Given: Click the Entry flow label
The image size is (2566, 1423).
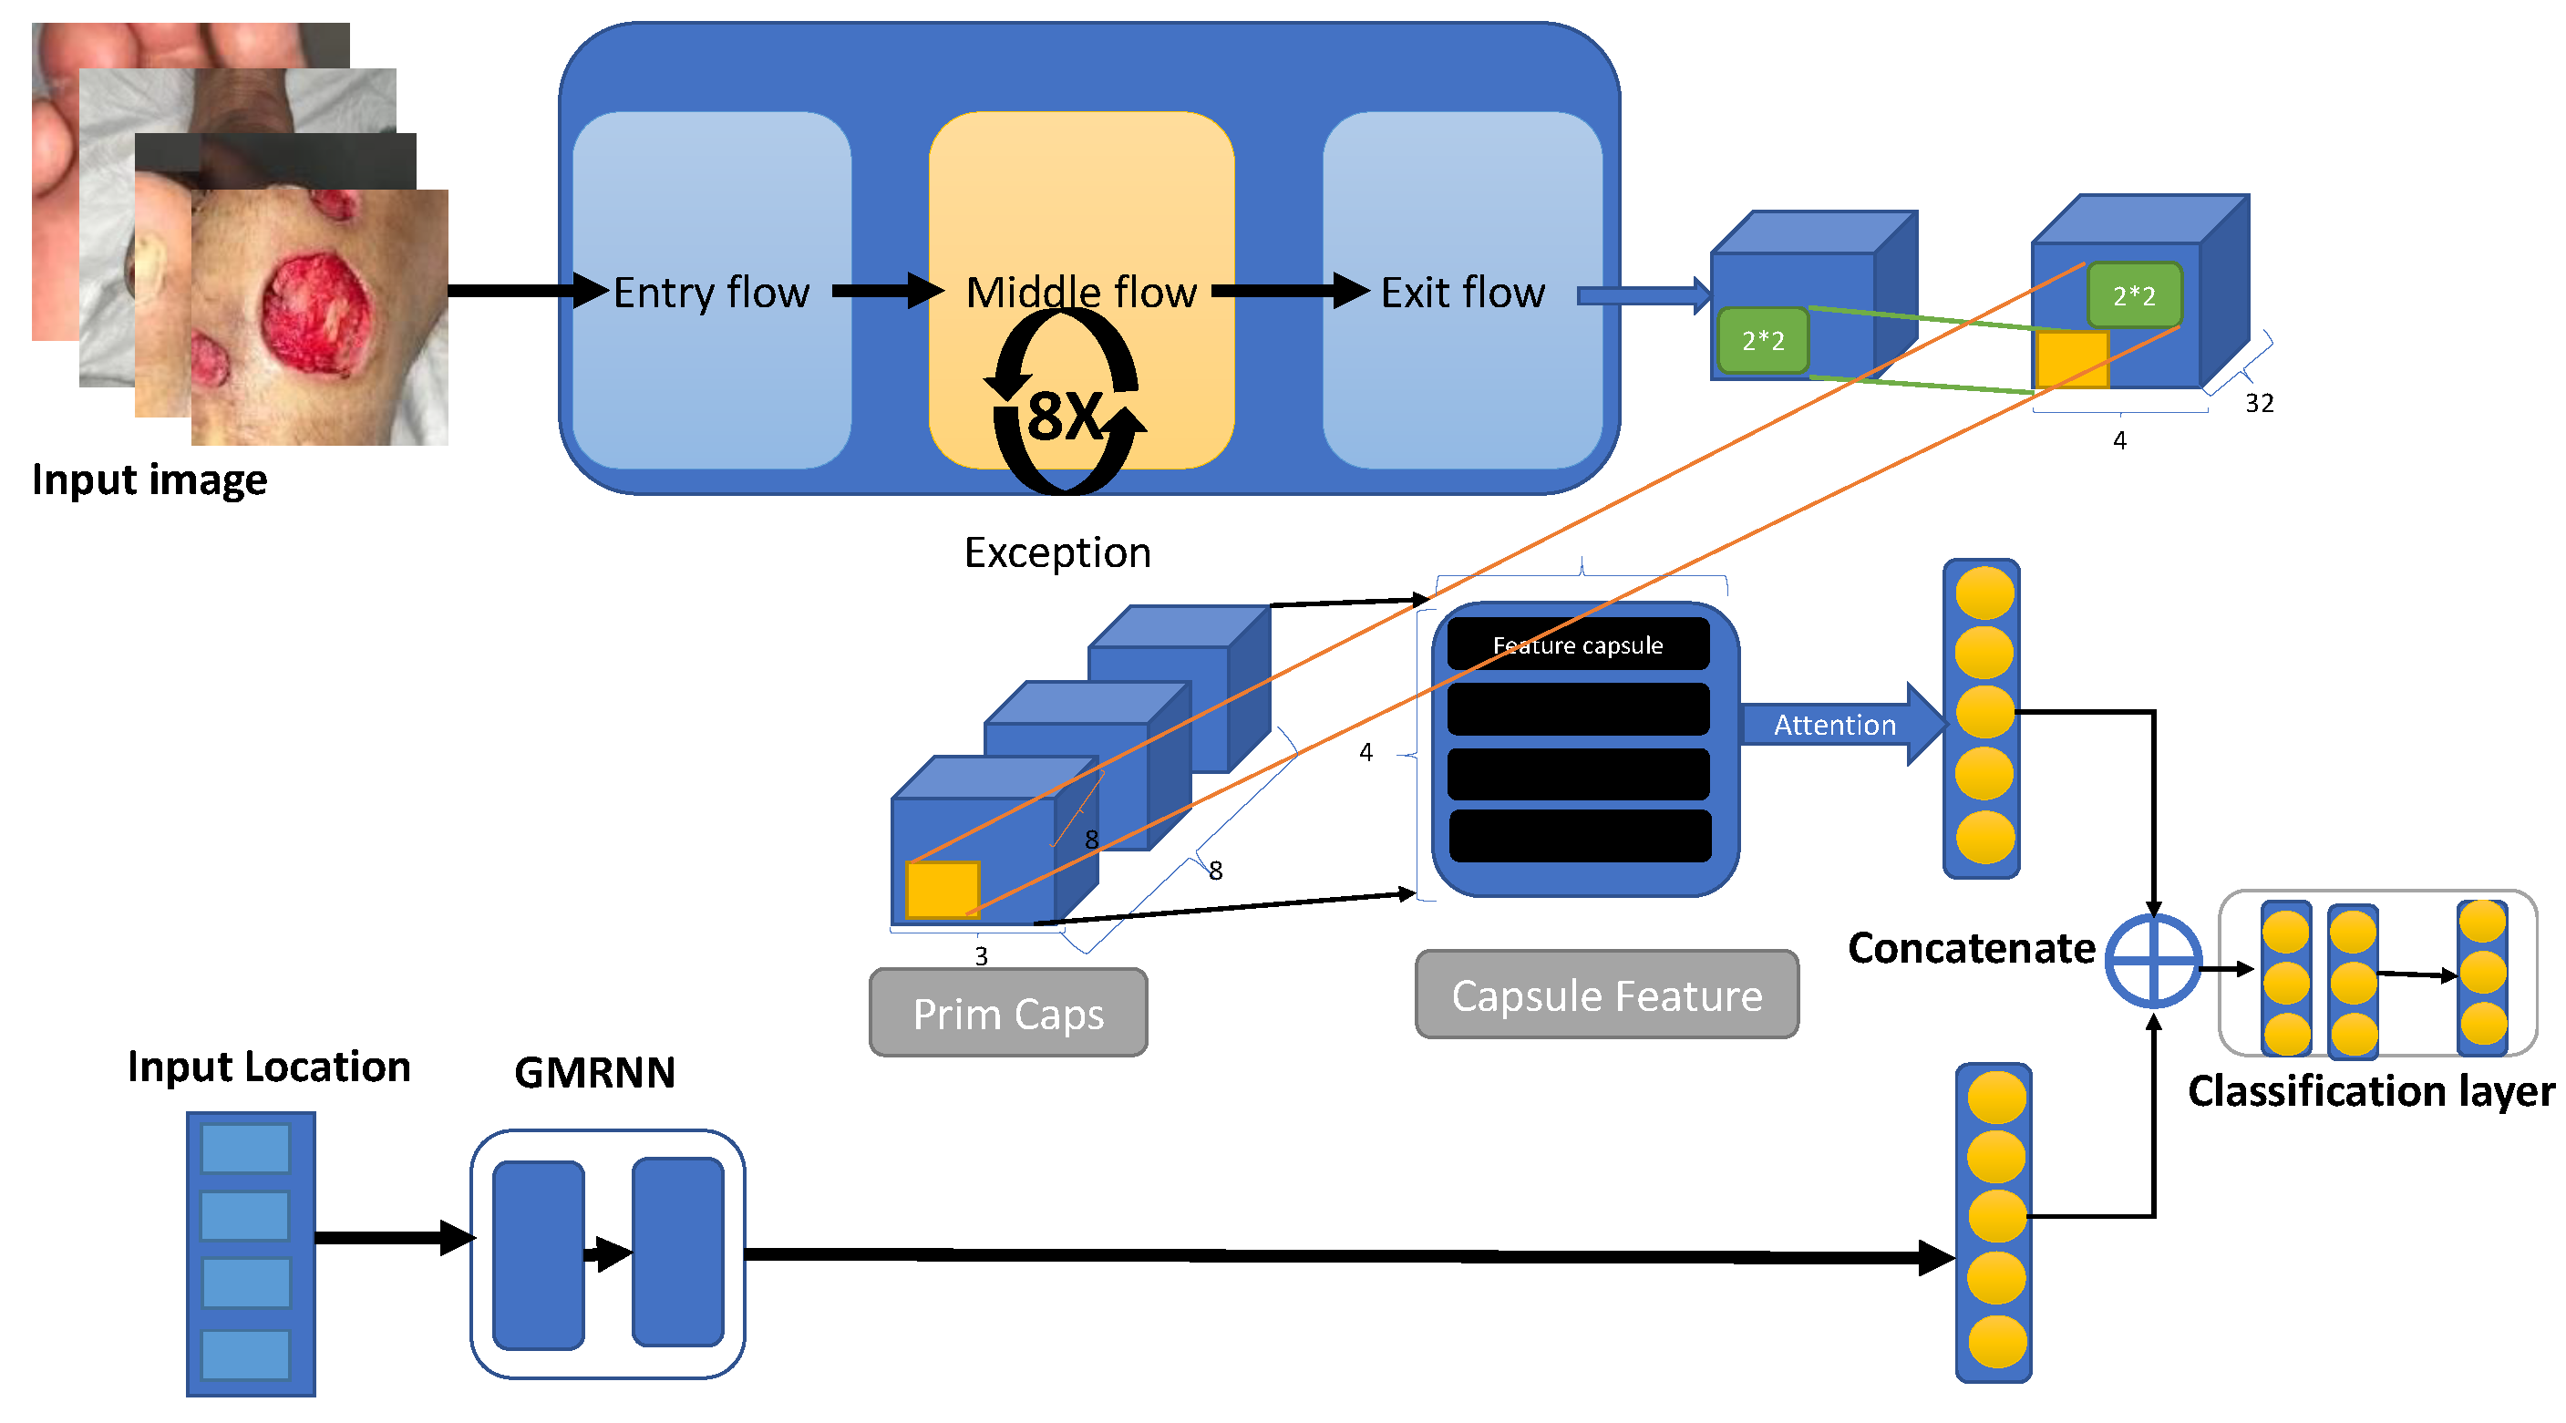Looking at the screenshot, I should point(711,293).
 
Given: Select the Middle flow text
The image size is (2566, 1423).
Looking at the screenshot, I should point(1081,293).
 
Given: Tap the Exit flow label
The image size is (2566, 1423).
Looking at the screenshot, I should point(1462,293).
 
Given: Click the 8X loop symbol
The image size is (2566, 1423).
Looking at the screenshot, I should point(1064,414).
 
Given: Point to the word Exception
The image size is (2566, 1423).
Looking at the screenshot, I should point(1056,553).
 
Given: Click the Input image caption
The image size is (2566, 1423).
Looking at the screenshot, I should point(149,480).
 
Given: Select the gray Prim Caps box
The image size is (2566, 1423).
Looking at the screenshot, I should point(1008,1014).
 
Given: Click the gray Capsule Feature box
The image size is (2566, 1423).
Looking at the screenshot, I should point(1606,995).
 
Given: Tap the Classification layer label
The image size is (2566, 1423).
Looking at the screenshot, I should point(2371,1091).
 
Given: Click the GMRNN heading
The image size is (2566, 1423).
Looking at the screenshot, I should point(594,1073).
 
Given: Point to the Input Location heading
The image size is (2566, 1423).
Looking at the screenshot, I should point(269,1067).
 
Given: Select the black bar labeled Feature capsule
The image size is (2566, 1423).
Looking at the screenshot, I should point(1578,645).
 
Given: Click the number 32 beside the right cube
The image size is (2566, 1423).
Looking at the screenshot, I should point(2258,404).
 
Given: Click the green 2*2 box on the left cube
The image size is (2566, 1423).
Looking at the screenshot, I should point(1762,341).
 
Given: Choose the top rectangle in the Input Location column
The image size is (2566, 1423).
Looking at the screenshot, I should point(245,1149).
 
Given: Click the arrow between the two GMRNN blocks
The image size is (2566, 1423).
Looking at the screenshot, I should point(608,1253).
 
